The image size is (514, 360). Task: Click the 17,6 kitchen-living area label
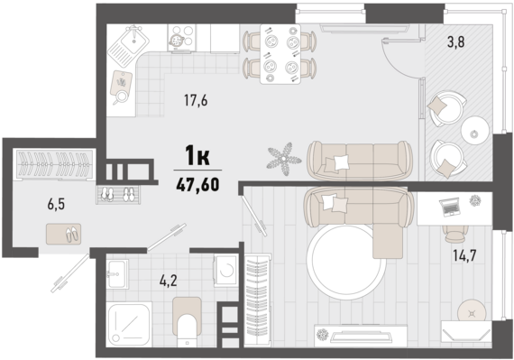(x=196, y=100)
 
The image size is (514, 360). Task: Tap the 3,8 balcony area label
(x=456, y=42)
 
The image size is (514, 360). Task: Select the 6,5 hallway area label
(x=56, y=204)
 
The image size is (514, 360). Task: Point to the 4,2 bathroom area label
(x=168, y=281)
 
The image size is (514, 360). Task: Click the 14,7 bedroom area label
(x=464, y=255)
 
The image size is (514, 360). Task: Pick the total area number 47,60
(x=197, y=185)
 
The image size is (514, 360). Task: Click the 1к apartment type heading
(x=197, y=155)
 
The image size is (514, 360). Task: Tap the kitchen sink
(x=128, y=42)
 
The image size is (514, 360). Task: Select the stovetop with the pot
(x=181, y=38)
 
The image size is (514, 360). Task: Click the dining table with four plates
(x=280, y=54)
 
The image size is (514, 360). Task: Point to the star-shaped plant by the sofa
(x=284, y=159)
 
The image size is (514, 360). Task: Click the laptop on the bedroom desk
(x=450, y=207)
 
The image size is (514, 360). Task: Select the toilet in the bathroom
(x=187, y=321)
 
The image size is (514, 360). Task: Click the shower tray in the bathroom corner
(x=128, y=324)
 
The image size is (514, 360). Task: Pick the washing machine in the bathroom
(x=225, y=271)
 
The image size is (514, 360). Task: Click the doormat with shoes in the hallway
(x=63, y=234)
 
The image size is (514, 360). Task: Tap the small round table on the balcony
(x=475, y=130)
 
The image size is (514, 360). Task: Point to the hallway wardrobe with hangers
(x=55, y=164)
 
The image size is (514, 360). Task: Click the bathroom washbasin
(x=117, y=274)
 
